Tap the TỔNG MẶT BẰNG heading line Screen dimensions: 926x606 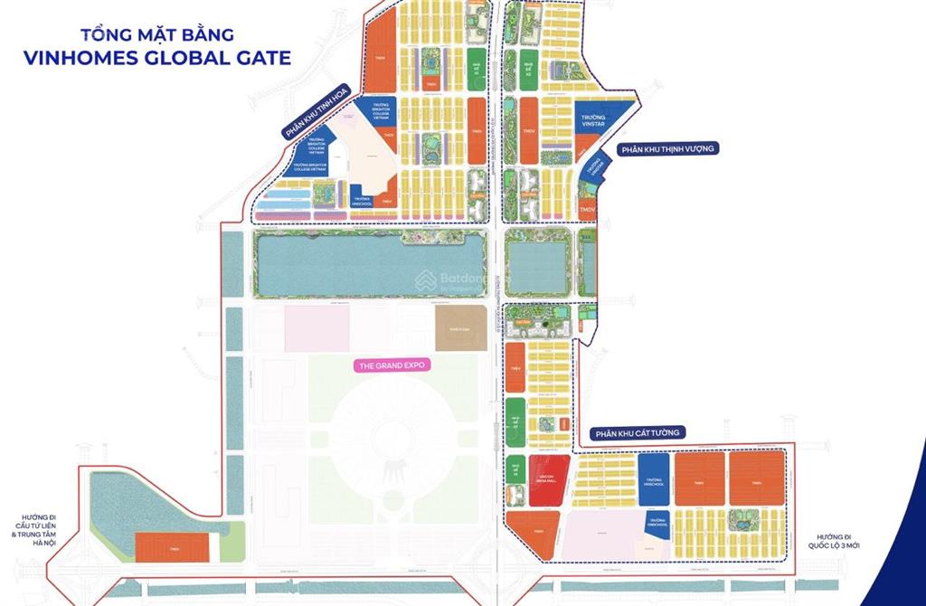click(158, 35)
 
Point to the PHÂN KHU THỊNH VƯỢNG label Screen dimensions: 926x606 click(666, 148)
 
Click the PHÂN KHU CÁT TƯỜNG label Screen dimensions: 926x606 click(638, 434)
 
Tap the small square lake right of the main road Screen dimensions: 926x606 click(537, 263)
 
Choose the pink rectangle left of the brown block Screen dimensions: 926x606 click(317, 328)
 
